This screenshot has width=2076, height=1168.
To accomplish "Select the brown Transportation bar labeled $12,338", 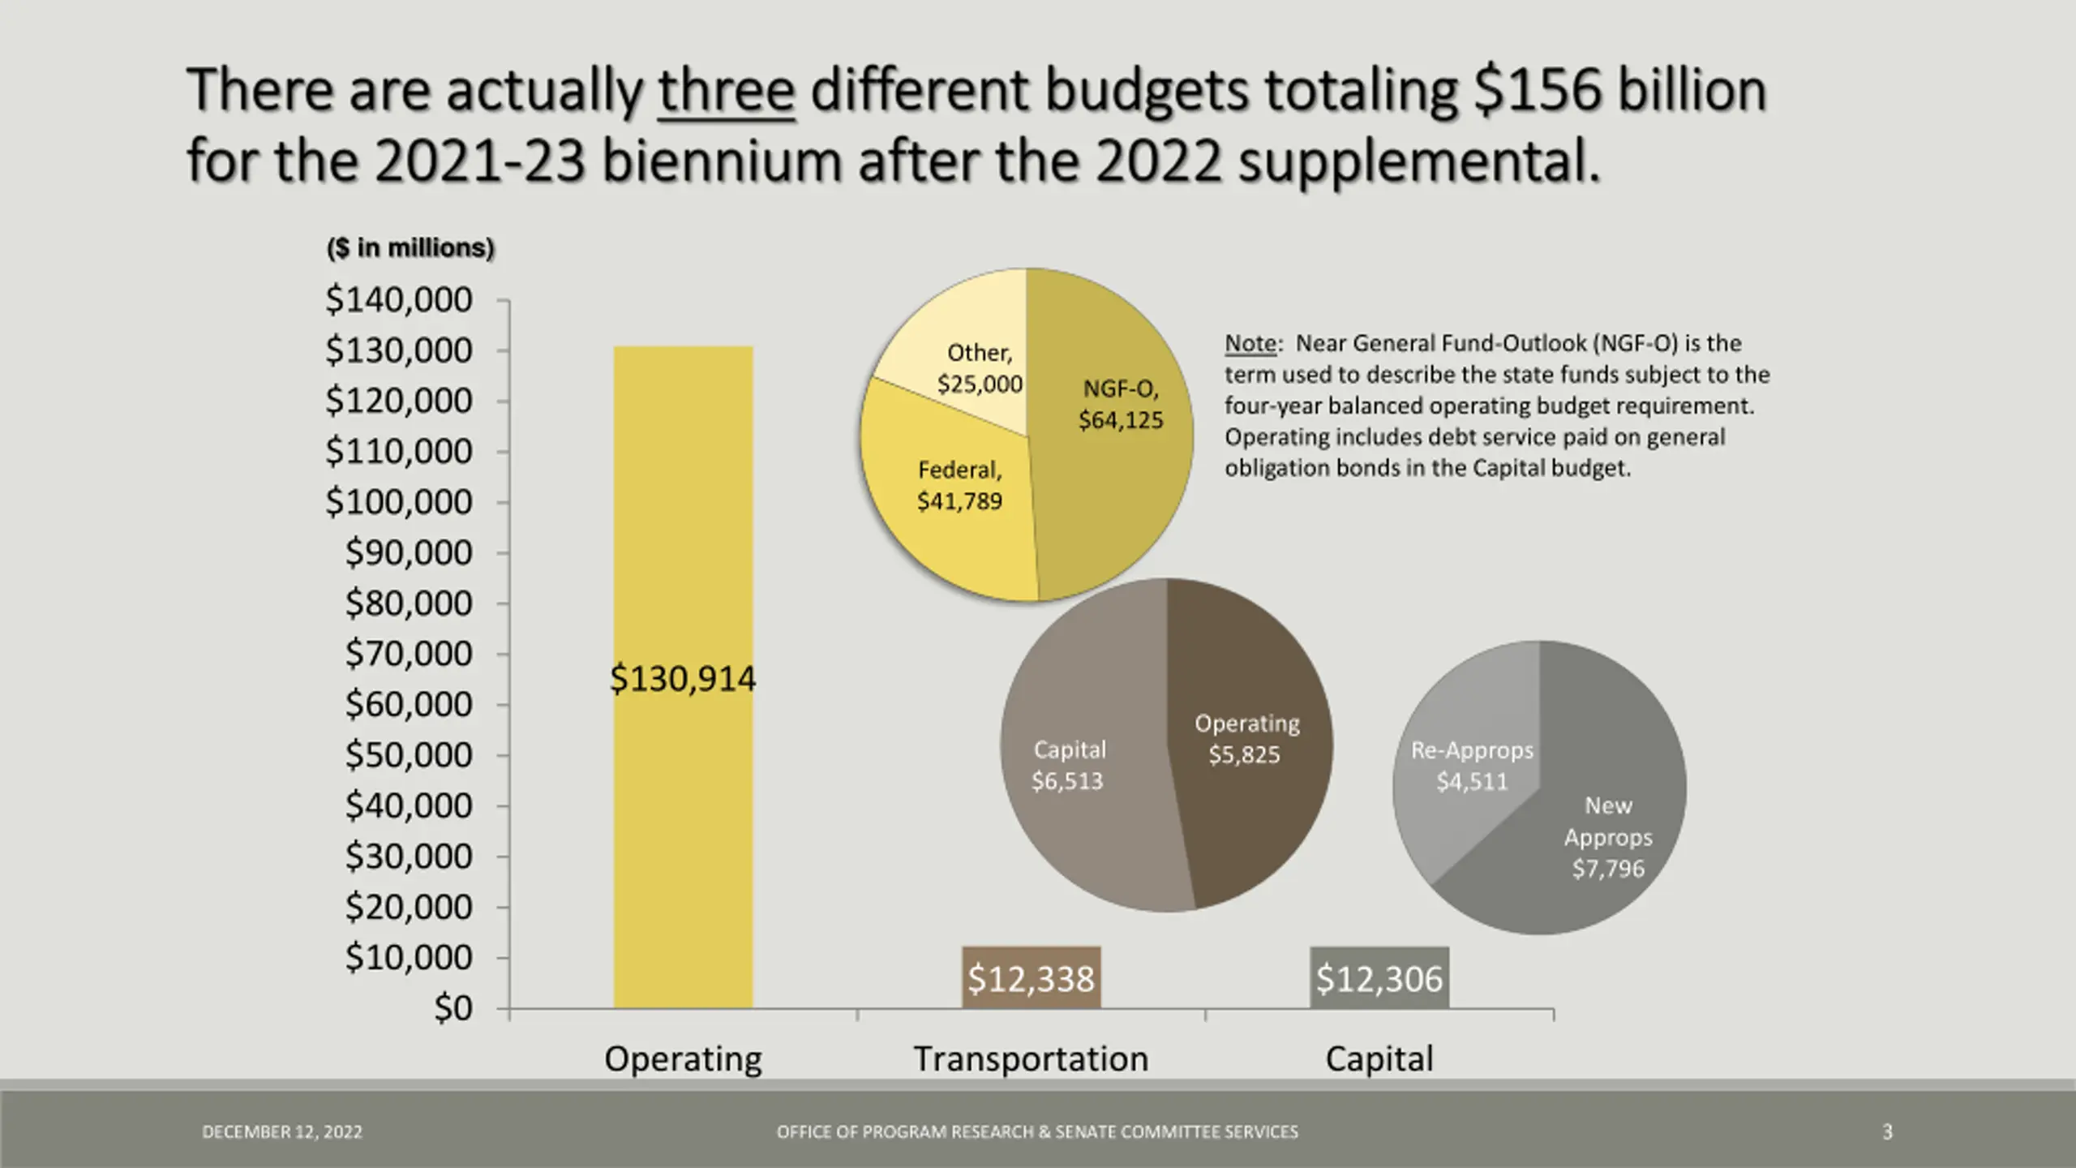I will (1031, 978).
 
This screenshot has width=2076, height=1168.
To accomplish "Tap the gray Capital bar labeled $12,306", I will (1379, 978).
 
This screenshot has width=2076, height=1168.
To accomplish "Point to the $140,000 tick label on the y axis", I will (399, 300).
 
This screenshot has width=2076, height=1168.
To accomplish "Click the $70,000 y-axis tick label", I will (409, 654).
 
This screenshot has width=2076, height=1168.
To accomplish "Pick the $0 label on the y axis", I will (453, 1008).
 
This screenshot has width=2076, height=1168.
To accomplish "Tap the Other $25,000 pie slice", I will (965, 333).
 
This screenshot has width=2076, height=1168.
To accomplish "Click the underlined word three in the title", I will (726, 90).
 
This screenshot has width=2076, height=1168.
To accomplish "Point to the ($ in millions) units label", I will (410, 247).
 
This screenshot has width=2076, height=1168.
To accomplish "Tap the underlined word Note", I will (1250, 343).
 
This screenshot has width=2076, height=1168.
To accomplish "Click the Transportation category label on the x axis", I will (1031, 1058).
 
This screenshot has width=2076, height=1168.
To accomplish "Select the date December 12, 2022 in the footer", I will (282, 1131).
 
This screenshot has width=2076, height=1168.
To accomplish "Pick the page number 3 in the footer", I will (1887, 1131).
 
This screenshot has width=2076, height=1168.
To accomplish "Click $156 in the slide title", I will (1538, 90).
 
